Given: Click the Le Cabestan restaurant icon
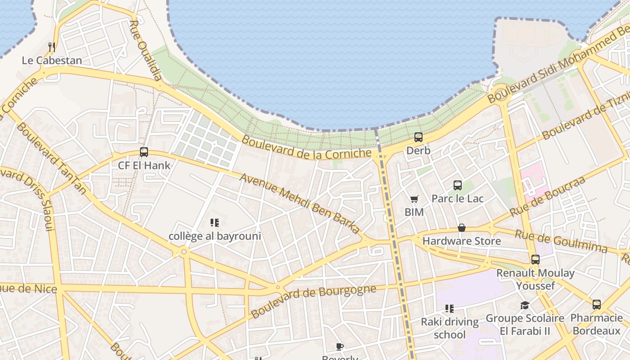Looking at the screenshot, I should (x=52, y=47).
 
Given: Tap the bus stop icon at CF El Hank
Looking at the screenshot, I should (x=144, y=152).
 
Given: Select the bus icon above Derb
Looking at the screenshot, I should (x=418, y=137).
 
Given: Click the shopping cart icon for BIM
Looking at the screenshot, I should (x=414, y=199).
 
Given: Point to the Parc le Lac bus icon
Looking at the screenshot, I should (x=458, y=185).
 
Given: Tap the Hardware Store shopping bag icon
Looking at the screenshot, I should (x=461, y=228).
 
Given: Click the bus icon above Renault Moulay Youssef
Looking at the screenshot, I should (x=535, y=259).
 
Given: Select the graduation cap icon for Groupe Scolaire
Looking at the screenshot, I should (x=525, y=306).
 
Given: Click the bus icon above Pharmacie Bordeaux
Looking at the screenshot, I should (x=596, y=305).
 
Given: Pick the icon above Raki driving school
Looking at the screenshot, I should (x=449, y=308).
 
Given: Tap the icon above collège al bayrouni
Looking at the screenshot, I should (x=215, y=222).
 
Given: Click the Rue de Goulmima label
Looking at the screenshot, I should (x=561, y=241).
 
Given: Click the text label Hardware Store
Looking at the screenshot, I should (x=461, y=241).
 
